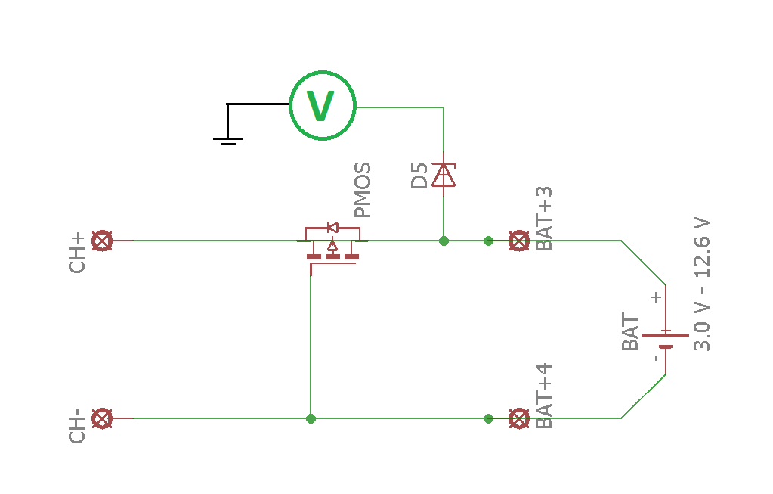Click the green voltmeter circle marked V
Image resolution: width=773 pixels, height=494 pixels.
pyautogui.click(x=323, y=107)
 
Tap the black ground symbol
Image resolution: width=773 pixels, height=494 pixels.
pyautogui.click(x=227, y=136)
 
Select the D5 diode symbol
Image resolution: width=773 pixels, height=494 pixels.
pyautogui.click(x=444, y=175)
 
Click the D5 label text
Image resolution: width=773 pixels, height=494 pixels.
pyautogui.click(x=419, y=175)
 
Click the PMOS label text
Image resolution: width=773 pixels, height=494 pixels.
pyautogui.click(x=363, y=190)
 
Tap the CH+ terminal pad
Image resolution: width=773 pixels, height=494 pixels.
pyautogui.click(x=102, y=241)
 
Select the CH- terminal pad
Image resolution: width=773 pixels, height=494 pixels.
pyautogui.click(x=102, y=418)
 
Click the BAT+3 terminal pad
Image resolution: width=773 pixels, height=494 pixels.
pyautogui.click(x=518, y=241)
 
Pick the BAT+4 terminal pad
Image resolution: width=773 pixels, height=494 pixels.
pyautogui.click(x=518, y=418)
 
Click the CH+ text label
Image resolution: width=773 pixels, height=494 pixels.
pyautogui.click(x=77, y=253)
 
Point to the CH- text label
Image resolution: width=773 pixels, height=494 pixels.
pyautogui.click(x=77, y=427)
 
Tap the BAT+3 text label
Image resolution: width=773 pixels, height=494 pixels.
pyautogui.click(x=544, y=218)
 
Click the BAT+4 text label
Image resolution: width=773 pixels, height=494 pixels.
pyautogui.click(x=544, y=396)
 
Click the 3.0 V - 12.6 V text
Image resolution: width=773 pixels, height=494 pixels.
pyautogui.click(x=702, y=284)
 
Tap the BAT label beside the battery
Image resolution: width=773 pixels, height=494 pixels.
pyautogui.click(x=630, y=334)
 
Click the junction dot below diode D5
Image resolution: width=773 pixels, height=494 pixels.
pyautogui.click(x=444, y=241)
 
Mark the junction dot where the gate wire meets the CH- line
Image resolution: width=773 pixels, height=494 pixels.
pyautogui.click(x=311, y=418)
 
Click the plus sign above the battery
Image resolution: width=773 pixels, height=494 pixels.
pyautogui.click(x=656, y=297)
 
